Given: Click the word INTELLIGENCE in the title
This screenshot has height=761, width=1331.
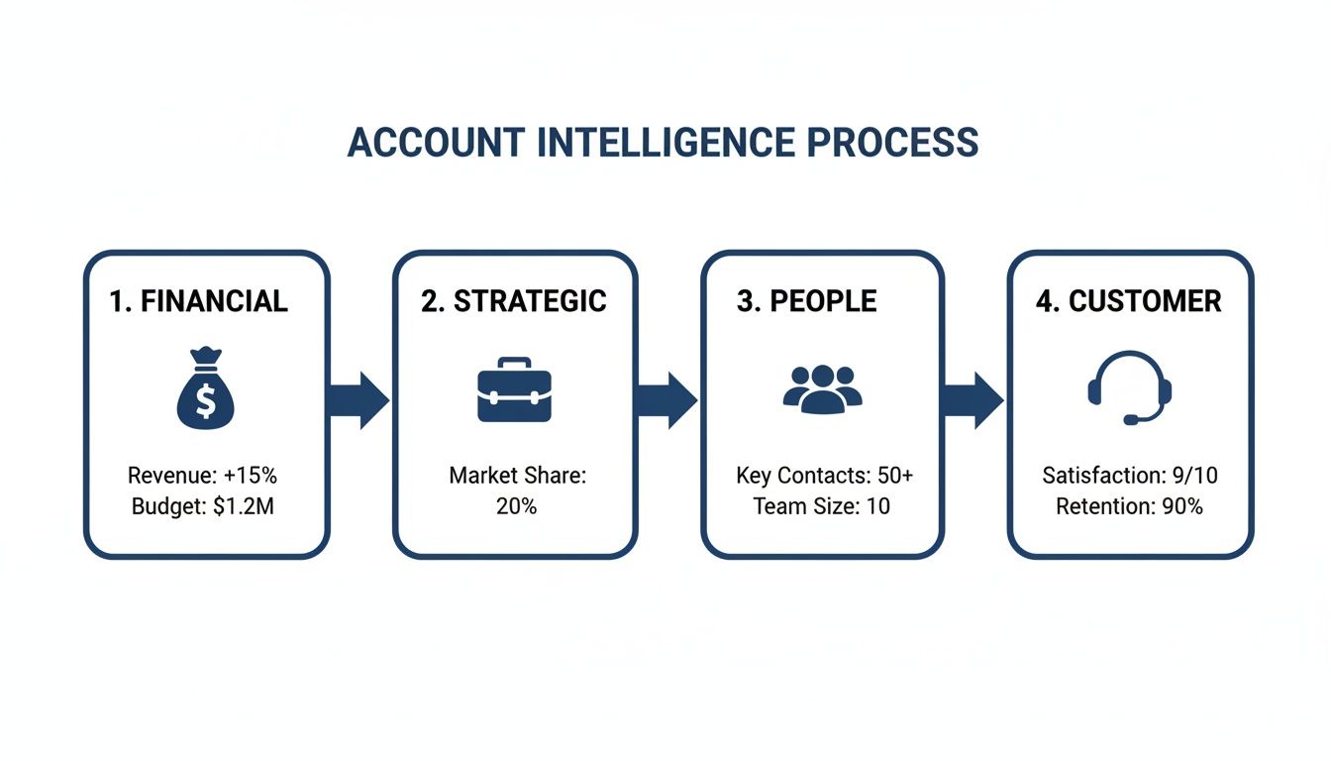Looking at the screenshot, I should coord(665,144).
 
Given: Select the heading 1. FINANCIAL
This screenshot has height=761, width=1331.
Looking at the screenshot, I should coord(198,301).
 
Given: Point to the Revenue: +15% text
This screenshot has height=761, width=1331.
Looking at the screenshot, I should coord(202,476).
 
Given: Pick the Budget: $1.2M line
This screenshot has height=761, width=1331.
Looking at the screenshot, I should coord(202,506).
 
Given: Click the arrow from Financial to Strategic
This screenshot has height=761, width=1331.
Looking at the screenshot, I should coord(358,400).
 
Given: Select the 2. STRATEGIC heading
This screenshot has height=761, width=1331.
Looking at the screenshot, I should coord(513,301).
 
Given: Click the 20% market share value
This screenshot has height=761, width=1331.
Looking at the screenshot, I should coord(516,506).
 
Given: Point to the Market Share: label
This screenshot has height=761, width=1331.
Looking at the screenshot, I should coord(517,476).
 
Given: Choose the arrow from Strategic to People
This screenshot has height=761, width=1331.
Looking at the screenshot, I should coord(666,400).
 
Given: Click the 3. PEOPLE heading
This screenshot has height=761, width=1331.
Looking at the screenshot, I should coord(806,301).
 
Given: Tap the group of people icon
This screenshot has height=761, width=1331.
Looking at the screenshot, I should coord(822,388).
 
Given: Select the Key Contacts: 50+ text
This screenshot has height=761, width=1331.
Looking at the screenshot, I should coord(824,476).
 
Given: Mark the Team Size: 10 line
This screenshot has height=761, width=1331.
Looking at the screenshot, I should coord(821,506).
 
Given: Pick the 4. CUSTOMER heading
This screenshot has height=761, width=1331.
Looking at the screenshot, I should coord(1128,301).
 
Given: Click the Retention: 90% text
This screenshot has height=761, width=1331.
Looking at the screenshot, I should coord(1129,506).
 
